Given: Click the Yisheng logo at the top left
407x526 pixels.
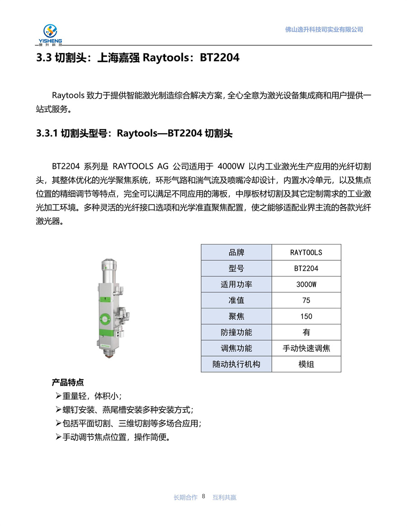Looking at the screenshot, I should pos(50,34).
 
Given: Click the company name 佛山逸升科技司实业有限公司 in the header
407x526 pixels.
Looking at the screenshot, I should pos(324,29).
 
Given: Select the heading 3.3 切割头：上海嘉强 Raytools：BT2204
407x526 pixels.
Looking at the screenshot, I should pos(137,58).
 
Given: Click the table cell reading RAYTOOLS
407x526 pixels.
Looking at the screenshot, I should pos(306,253).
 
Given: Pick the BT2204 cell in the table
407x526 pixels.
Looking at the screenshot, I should pos(306,268).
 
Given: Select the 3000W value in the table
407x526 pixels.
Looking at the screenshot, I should pos(306,285).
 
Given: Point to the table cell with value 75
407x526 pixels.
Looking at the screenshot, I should pos(306,301).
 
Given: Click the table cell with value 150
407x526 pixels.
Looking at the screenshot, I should pos(306,316).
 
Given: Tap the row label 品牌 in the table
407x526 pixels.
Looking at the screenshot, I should pos(236,253).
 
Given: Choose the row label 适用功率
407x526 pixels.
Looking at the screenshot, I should pos(236,285).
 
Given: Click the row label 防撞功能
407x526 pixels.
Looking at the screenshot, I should pos(236,333).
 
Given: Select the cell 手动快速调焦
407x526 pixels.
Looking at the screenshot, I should pos(306,348).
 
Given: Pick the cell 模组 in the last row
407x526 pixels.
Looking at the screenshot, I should pos(306,364).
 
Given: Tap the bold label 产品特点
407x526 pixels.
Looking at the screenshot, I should pos(67,382).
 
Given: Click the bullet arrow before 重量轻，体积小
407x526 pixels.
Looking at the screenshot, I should pos(58,396).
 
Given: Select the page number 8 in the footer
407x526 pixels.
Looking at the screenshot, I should pos(203,497).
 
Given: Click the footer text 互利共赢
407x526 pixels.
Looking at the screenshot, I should pos(224,498).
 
